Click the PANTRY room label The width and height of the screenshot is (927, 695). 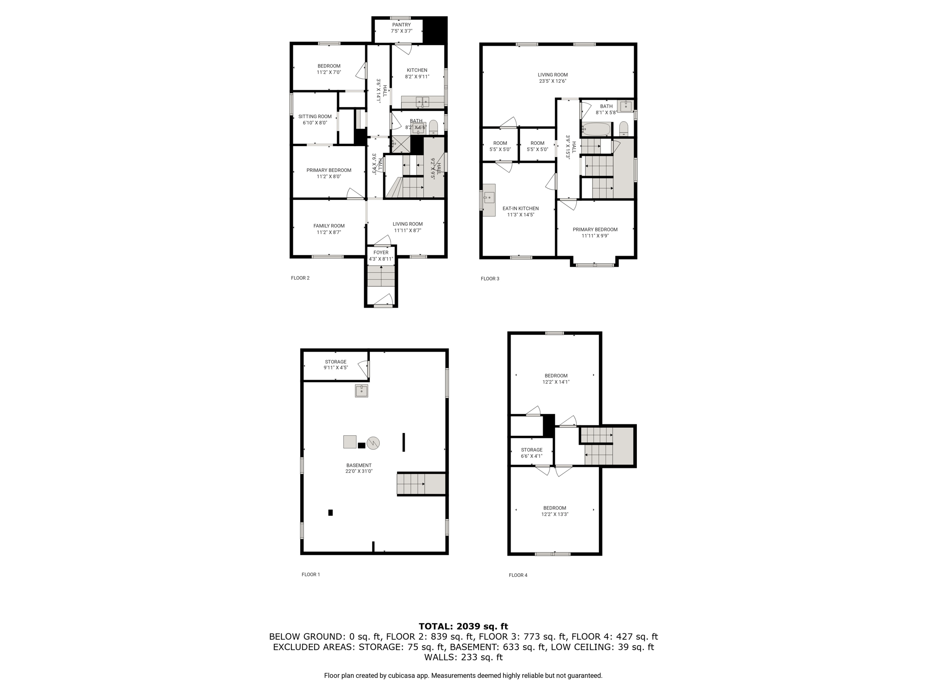401,25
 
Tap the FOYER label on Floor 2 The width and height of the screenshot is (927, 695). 381,252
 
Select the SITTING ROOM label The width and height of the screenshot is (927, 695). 315,116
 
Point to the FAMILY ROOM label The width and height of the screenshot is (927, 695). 329,226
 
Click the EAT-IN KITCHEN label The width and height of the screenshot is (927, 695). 521,209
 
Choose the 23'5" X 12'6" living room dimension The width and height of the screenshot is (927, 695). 553,81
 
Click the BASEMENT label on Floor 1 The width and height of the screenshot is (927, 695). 359,465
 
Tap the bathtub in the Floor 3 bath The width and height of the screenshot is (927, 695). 596,129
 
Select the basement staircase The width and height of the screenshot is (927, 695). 421,484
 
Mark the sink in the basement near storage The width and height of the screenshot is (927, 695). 361,390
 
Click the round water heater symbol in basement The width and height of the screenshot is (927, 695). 373,443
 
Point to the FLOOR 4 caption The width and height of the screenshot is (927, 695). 518,575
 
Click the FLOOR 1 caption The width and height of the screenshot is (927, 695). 311,575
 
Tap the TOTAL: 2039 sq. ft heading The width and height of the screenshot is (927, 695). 463,626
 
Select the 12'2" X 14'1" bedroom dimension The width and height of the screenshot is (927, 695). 556,382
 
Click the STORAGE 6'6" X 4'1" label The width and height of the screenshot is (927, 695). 531,453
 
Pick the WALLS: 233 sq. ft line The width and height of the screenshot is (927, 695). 463,657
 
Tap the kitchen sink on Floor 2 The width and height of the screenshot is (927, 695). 422,101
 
